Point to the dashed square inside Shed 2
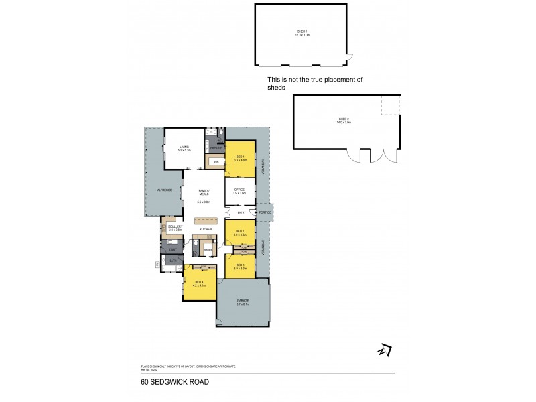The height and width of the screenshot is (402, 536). coord(391,105)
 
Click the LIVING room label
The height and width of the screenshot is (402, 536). coord(184,147)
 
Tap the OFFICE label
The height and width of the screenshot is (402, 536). coord(240,190)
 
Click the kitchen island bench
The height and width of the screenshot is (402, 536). coord(206,220)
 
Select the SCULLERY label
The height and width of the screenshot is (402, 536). coord(175,226)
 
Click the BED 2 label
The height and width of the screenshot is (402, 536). coord(240,231)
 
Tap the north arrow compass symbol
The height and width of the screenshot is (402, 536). coord(385,350)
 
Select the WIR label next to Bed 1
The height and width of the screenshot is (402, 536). coord(216,161)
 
